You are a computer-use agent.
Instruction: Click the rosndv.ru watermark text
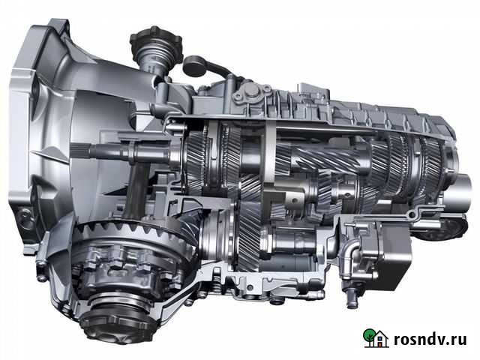click(430, 340)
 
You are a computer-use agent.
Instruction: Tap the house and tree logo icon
click(376, 338)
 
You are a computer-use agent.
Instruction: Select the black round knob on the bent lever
click(193, 66)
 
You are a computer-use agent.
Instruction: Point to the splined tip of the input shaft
click(80, 151)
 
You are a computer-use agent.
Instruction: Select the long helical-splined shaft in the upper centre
click(329, 159)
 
